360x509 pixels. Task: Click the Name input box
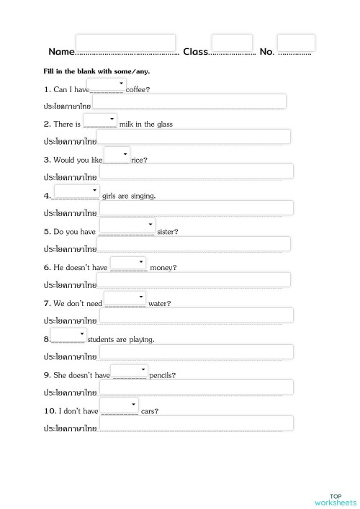[x=125, y=42]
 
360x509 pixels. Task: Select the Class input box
[x=232, y=42]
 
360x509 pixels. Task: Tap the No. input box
[x=296, y=42]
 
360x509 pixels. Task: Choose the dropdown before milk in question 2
[x=100, y=120]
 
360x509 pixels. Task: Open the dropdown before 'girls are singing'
[x=76, y=191]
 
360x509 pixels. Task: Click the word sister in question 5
[x=166, y=232]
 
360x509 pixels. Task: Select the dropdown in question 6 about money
[x=128, y=263]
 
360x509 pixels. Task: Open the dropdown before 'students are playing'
[x=68, y=335]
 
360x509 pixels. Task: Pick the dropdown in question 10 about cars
[x=119, y=405]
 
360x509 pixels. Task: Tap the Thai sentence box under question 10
[x=196, y=423]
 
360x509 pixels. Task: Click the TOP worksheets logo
[x=335, y=499]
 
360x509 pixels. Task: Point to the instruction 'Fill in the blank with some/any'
[x=96, y=71]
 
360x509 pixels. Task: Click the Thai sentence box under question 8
[x=196, y=352]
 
